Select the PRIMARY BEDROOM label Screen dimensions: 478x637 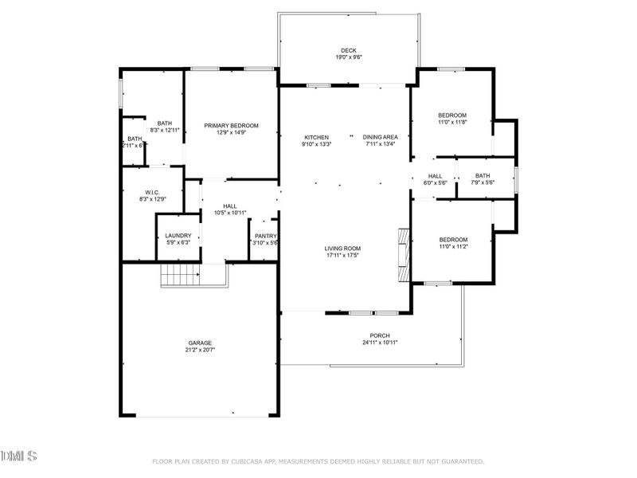[x=231, y=125]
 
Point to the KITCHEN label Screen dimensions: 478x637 [x=316, y=137]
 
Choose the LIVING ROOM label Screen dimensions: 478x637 [x=342, y=248]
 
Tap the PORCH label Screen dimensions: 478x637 [x=380, y=335]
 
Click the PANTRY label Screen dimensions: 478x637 [x=264, y=236]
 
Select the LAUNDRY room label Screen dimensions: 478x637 [x=178, y=236]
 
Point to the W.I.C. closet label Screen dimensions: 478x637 [x=153, y=192]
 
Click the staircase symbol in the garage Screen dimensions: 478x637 [x=180, y=276]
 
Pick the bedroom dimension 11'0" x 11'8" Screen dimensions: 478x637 [x=452, y=123]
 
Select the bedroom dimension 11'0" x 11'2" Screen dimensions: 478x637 [x=453, y=247]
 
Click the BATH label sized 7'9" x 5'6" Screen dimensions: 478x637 [x=483, y=176]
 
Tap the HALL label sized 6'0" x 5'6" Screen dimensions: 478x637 [x=435, y=176]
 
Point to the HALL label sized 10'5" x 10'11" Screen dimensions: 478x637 [x=230, y=206]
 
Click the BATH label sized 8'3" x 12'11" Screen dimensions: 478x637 [x=165, y=123]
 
